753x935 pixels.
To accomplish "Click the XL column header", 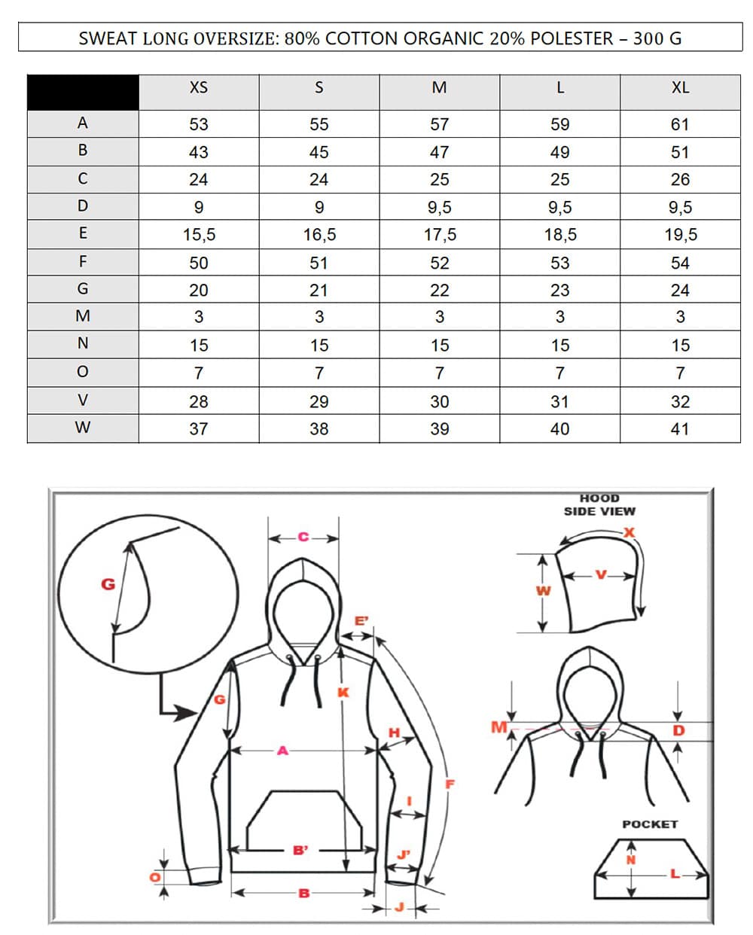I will (680, 88).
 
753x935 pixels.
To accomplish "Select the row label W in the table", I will (83, 428).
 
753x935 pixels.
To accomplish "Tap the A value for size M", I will (439, 124).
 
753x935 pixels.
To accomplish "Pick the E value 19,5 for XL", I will (680, 235).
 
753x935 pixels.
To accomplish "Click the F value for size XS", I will (198, 263).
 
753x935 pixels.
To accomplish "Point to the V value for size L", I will (559, 402).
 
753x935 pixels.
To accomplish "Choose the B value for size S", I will (319, 152).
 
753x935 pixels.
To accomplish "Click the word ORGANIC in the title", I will (442, 38).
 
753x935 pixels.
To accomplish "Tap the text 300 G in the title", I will (657, 38).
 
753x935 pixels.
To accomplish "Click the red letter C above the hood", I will (303, 537).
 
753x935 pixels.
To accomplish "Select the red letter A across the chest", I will (282, 750).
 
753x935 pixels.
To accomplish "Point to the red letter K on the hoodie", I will (343, 692).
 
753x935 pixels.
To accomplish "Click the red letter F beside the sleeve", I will (450, 784).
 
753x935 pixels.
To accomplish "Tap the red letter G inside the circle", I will (108, 583).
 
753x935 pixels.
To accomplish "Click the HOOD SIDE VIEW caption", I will (599, 504).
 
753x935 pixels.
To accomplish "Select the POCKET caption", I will (650, 824).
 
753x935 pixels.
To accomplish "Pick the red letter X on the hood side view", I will (630, 532).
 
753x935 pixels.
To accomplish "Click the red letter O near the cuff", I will (155, 877).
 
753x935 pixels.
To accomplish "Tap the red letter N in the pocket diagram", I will (631, 859).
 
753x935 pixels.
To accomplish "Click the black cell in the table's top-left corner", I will (83, 92).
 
